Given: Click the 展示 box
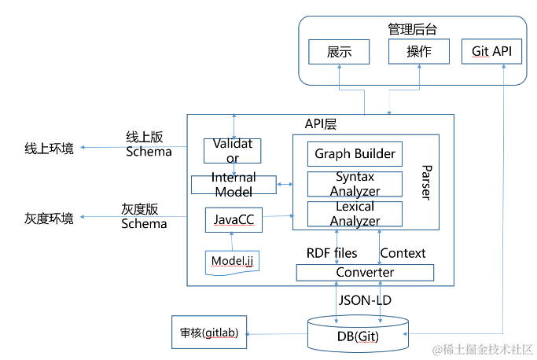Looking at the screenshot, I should coord(339,52).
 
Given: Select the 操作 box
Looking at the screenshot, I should coord(418,52).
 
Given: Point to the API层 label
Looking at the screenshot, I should coord(321,124).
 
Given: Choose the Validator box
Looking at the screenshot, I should coord(233,150).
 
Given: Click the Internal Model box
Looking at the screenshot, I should coord(234,185).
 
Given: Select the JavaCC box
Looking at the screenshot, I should coord(234,220).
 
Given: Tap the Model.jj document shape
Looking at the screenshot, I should coord(232,260).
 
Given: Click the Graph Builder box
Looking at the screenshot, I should coord(355,153).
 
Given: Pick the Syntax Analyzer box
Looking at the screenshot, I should coord(355,184).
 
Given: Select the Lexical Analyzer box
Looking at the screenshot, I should coord(355,214).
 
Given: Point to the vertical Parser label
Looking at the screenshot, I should coord(425,182).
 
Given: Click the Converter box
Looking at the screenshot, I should coord(365,273).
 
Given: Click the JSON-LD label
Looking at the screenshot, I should coord(365,299).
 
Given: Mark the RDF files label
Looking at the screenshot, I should coord(331,253).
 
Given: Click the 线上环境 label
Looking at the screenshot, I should coord(50,148).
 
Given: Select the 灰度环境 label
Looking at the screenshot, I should coord(50,218).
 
